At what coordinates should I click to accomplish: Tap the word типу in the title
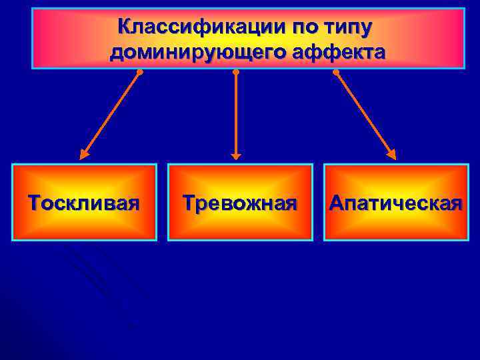(x=349, y=28)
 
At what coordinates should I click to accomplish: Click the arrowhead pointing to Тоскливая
(x=84, y=155)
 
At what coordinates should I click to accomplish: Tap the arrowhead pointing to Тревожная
(x=235, y=155)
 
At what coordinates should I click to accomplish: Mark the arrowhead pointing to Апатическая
(x=391, y=155)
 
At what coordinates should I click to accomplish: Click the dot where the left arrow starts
(x=139, y=72)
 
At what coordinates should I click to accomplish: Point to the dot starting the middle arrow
(x=235, y=72)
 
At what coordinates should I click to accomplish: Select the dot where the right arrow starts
(x=335, y=72)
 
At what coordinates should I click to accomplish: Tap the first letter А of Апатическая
(x=337, y=203)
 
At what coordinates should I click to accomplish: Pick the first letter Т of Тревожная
(x=189, y=203)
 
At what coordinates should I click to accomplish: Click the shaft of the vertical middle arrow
(x=235, y=113)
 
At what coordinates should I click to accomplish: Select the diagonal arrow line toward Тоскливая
(x=112, y=113)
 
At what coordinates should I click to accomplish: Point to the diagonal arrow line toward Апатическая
(x=363, y=113)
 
